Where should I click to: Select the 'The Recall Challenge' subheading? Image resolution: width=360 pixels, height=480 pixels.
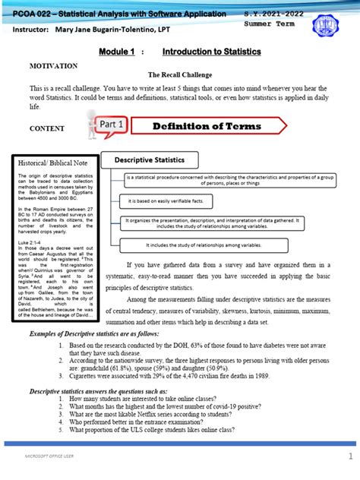tap(179, 76)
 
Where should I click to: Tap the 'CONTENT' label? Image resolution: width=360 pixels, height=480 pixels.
tap(46, 128)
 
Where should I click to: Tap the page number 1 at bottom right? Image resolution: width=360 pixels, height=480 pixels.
tap(350, 456)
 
